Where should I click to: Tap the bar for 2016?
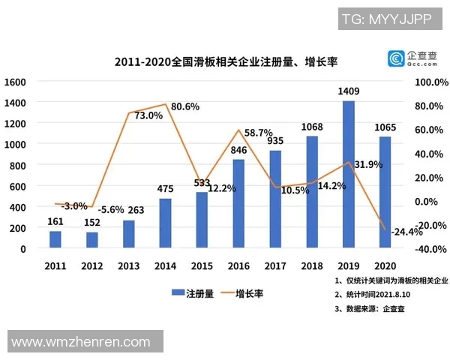[x=238, y=203]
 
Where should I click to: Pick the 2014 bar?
[x=165, y=223]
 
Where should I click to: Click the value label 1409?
[x=349, y=92]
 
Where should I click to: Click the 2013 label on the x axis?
[x=129, y=265]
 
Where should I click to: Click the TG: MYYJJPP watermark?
[x=386, y=19]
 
